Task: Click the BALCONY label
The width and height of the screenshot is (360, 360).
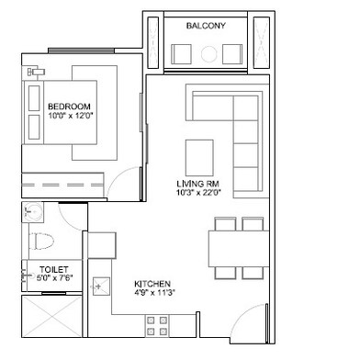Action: pyautogui.click(x=206, y=26)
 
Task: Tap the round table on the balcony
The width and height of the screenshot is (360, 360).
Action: pyautogui.click(x=208, y=54)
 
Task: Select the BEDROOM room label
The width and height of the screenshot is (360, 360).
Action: pyautogui.click(x=69, y=107)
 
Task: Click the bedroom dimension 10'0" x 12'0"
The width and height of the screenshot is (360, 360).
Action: pyautogui.click(x=71, y=116)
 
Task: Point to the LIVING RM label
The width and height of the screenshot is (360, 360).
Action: pyautogui.click(x=197, y=184)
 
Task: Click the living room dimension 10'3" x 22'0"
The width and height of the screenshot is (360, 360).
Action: pyautogui.click(x=199, y=193)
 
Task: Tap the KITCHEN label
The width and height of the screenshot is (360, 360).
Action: pyautogui.click(x=152, y=284)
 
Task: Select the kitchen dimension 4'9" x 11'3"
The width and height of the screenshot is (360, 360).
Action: pyautogui.click(x=154, y=292)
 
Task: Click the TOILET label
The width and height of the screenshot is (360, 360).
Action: pyautogui.click(x=54, y=270)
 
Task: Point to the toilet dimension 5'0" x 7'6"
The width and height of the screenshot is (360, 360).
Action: pyautogui.click(x=54, y=278)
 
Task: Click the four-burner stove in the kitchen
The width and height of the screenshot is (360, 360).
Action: pyautogui.click(x=157, y=326)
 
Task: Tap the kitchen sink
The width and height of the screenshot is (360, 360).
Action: pyautogui.click(x=101, y=287)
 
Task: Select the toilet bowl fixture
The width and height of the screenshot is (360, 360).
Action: pyautogui.click(x=41, y=242)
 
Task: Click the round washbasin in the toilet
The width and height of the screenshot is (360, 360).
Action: pyautogui.click(x=33, y=212)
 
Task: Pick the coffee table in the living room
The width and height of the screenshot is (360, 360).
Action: pyautogui.click(x=199, y=158)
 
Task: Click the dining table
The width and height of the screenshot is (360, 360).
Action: pyautogui.click(x=239, y=249)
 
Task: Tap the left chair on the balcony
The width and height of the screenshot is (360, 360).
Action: pyautogui.click(x=181, y=54)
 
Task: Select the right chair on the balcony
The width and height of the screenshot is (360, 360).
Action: pyautogui.click(x=232, y=54)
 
